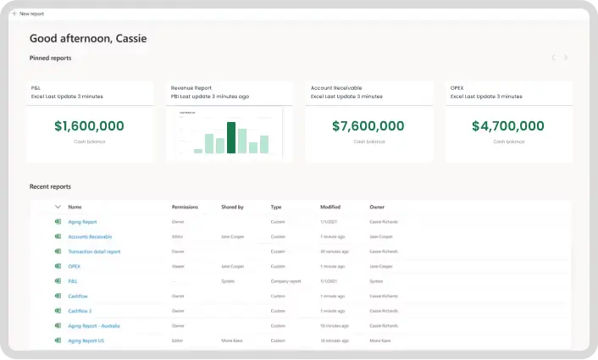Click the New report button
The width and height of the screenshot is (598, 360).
pyautogui.click(x=29, y=14)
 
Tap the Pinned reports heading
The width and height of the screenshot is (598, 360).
pyautogui.click(x=50, y=58)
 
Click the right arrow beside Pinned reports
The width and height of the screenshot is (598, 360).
pyautogui.click(x=566, y=58)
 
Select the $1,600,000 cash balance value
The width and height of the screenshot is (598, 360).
pyautogui.click(x=89, y=126)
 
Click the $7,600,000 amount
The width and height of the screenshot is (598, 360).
pyautogui.click(x=368, y=126)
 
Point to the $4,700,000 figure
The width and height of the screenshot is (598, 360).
pyautogui.click(x=508, y=126)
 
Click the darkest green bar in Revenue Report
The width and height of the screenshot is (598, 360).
pyautogui.click(x=230, y=138)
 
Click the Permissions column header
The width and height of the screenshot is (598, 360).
pyautogui.click(x=185, y=207)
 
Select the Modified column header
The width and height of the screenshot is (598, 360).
pyautogui.click(x=329, y=207)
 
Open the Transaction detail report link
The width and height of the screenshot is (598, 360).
pyautogui.click(x=94, y=252)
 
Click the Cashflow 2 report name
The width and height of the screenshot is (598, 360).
pyautogui.click(x=80, y=311)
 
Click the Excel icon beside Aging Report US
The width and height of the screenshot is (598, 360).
pyautogui.click(x=58, y=341)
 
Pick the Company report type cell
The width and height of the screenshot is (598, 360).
pyautogui.click(x=285, y=281)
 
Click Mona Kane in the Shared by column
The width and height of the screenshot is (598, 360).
pyautogui.click(x=231, y=341)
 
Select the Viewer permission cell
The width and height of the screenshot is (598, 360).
pyautogui.click(x=178, y=266)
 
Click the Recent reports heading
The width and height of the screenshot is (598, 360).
pyautogui.click(x=50, y=186)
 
